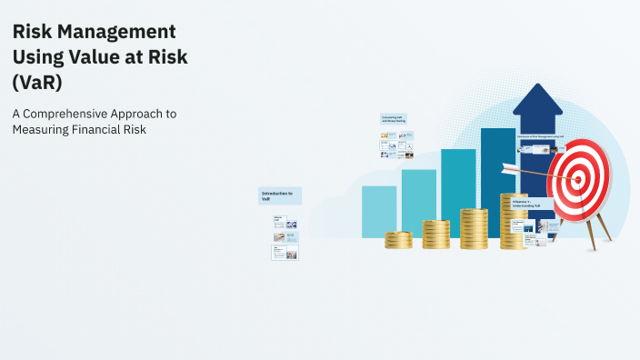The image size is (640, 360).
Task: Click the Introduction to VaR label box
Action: [279, 195]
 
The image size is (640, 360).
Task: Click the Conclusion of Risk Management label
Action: [541, 137]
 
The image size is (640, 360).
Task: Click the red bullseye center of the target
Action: [575, 179]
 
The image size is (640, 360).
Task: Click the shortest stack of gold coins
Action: [398, 240]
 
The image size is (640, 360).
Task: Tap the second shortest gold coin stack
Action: [435, 235]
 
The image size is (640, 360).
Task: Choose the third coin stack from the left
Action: [474, 229]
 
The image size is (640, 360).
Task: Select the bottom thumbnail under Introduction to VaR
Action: [285, 252]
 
